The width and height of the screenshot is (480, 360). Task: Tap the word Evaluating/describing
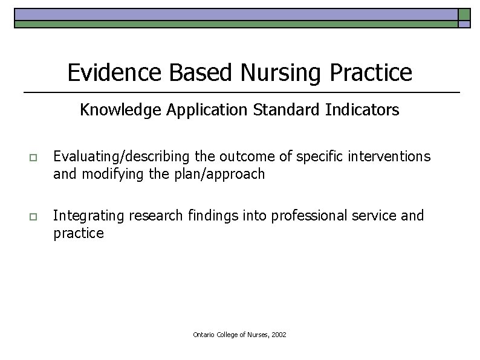(x=122, y=157)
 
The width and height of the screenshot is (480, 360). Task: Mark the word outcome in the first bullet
(x=245, y=157)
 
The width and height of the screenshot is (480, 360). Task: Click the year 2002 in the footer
(x=279, y=334)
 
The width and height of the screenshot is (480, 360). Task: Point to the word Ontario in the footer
(x=204, y=334)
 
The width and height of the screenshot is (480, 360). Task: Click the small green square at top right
(x=464, y=14)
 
